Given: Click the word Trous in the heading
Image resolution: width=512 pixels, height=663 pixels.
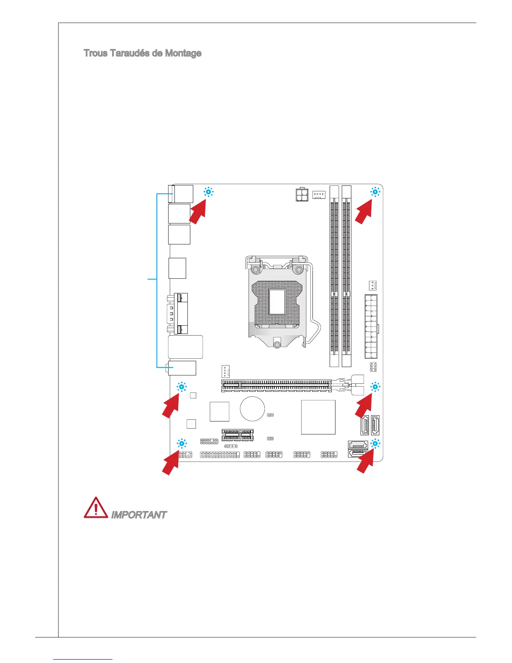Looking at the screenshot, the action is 96,54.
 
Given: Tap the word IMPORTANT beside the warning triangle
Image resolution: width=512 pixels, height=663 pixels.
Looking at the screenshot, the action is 138,515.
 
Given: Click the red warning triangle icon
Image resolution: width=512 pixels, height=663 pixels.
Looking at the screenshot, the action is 95,508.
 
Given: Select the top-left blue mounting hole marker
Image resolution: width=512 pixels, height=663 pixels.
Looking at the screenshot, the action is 208,192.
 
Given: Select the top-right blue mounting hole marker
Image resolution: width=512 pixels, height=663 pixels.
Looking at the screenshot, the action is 375,192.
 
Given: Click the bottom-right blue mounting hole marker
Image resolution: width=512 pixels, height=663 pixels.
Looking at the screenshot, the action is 375,443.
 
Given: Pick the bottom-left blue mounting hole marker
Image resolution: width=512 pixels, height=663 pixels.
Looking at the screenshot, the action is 182,443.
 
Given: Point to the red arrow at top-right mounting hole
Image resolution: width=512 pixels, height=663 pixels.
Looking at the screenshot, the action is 364,211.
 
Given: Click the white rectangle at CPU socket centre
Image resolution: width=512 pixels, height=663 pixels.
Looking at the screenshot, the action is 277,301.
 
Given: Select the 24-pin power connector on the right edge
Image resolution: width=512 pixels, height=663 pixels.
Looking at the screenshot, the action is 371,326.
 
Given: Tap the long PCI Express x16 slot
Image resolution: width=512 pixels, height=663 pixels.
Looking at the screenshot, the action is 276,385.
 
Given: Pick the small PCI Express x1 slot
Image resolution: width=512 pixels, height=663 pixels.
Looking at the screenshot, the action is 237,434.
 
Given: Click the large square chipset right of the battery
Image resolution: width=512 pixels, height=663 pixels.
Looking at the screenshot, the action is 318,417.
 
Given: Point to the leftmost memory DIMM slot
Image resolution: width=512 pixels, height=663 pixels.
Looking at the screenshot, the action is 334,276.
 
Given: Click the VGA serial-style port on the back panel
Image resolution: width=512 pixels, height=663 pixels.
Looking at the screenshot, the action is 178,314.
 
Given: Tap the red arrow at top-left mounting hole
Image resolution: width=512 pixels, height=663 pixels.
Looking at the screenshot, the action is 198,211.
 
